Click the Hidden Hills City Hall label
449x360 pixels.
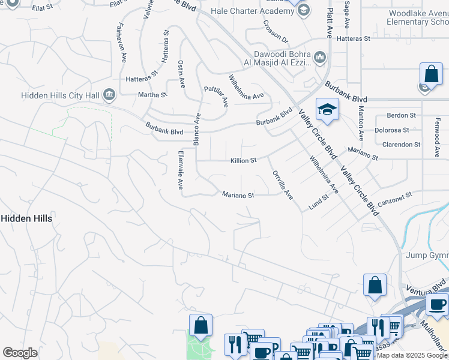point(59,95)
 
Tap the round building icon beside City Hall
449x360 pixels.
point(109,94)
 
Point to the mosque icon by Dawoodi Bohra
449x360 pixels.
point(319,57)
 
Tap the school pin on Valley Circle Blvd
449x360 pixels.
point(327,110)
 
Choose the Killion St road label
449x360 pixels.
point(244,161)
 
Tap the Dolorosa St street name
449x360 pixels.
point(391,130)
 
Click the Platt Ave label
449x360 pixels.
point(330,22)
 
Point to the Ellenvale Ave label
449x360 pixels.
point(179,170)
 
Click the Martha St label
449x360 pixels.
point(152,95)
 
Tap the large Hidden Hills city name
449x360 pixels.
point(26,218)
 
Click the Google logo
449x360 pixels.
point(20,353)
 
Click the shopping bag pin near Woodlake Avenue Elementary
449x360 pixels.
point(431,74)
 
